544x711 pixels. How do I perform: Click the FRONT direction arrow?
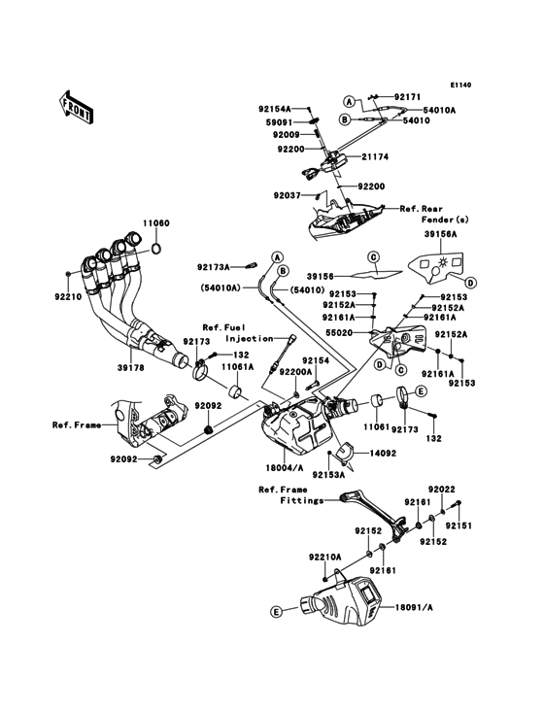(76, 106)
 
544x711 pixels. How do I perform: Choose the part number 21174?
(378, 156)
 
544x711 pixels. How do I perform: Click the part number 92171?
(408, 97)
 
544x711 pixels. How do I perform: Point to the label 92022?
(442, 491)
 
